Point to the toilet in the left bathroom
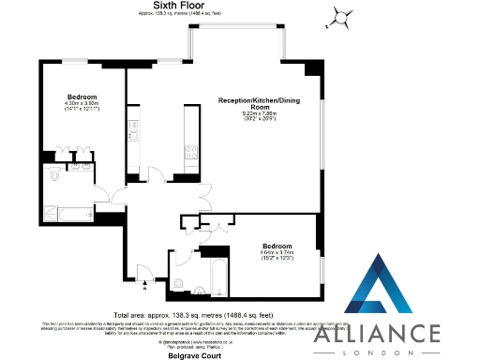pos(54,174)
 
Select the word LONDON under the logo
pos(389,352)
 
